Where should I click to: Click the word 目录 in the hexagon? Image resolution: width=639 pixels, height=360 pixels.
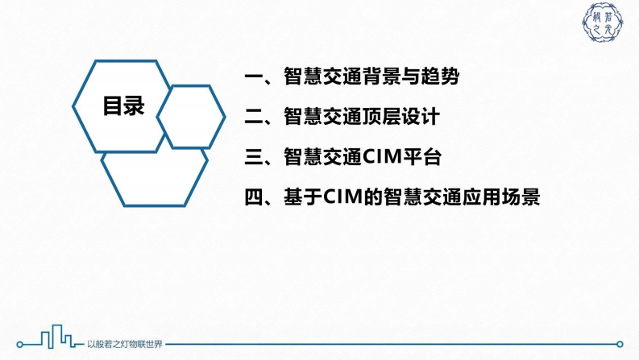123,106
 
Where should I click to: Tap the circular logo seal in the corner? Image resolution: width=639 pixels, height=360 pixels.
602,23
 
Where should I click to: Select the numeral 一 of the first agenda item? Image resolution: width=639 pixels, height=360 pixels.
254,77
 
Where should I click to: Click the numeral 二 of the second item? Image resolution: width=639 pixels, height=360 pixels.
254,117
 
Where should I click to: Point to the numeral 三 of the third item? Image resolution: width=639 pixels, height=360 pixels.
254,157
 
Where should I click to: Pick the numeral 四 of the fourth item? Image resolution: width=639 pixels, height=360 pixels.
254,197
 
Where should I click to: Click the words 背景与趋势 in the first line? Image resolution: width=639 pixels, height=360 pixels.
412,77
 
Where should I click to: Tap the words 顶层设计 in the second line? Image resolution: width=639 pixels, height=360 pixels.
402,117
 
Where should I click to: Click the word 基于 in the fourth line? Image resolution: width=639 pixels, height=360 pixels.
304,197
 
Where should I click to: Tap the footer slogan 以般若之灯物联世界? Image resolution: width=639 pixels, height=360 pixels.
125,344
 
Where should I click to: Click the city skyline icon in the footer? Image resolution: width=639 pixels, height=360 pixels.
57,337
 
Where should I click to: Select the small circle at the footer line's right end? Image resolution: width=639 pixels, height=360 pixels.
620,344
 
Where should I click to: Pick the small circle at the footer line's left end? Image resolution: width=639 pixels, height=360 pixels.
19,345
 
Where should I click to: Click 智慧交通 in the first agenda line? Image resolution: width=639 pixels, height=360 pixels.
323,77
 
